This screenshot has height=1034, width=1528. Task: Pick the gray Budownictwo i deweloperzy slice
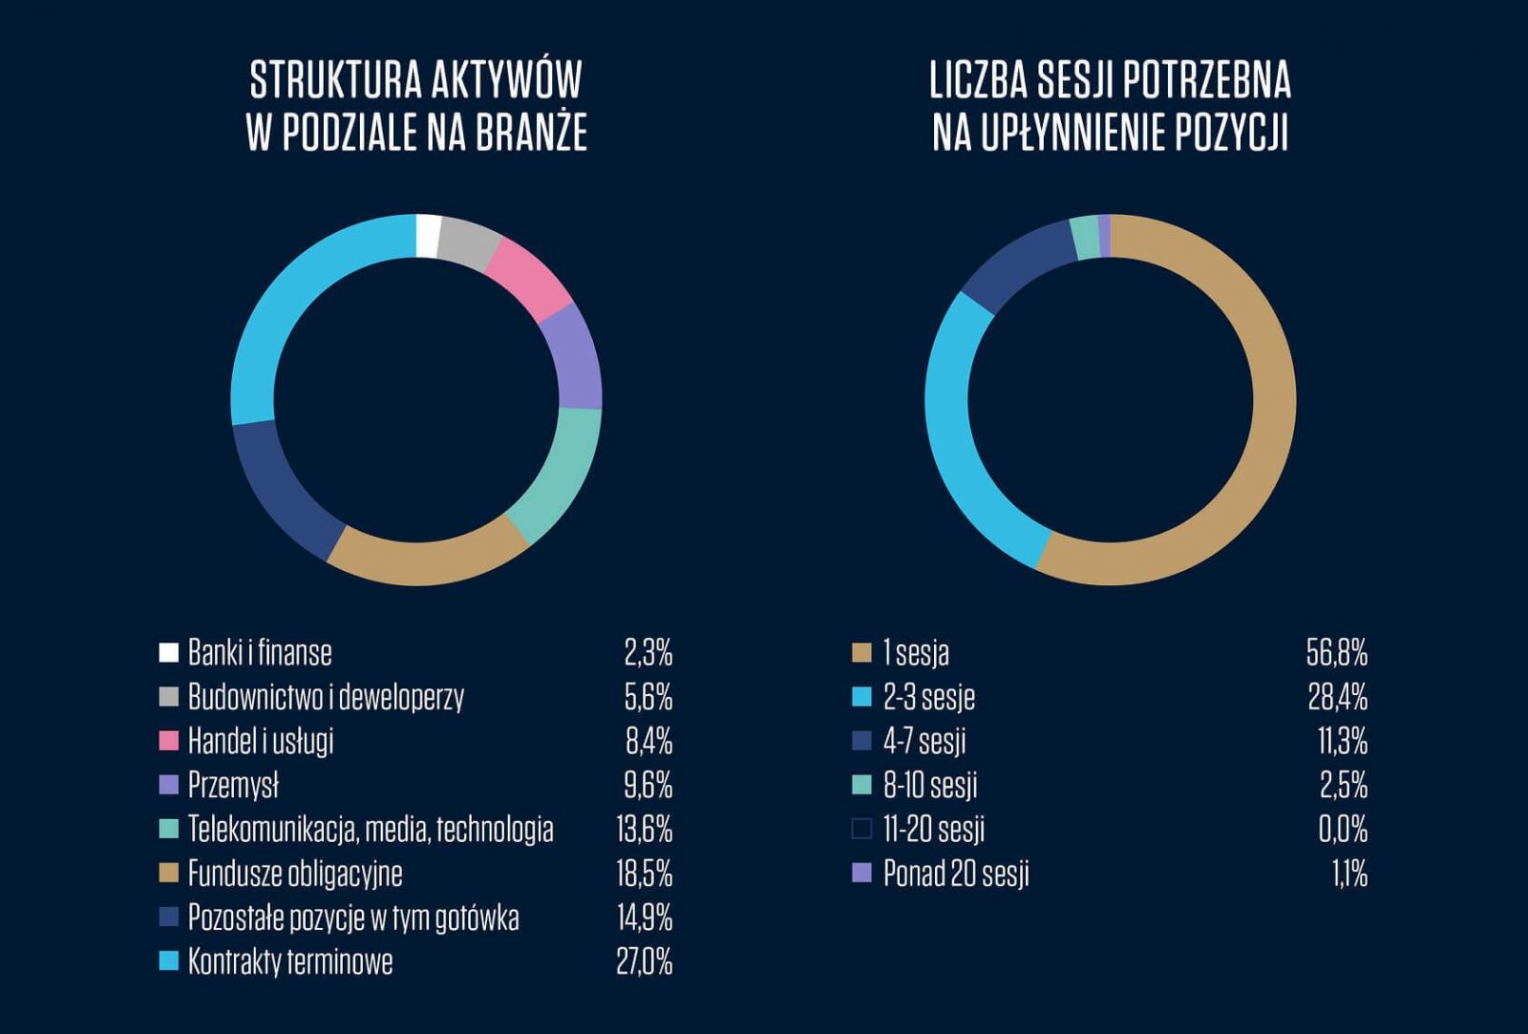click(468, 243)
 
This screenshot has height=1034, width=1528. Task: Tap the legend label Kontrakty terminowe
click(290, 961)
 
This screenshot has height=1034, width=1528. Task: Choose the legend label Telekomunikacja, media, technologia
click(371, 829)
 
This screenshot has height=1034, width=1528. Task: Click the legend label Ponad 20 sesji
click(956, 874)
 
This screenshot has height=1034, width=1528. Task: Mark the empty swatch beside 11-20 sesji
click(861, 829)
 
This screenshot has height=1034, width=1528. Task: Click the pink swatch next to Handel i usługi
click(169, 741)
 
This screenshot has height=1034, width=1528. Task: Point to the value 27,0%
click(645, 961)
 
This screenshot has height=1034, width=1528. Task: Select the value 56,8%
click(1337, 653)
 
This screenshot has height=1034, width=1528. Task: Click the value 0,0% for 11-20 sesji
click(1343, 829)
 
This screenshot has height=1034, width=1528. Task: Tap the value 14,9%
click(645, 918)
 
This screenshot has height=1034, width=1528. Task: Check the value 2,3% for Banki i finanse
click(648, 653)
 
